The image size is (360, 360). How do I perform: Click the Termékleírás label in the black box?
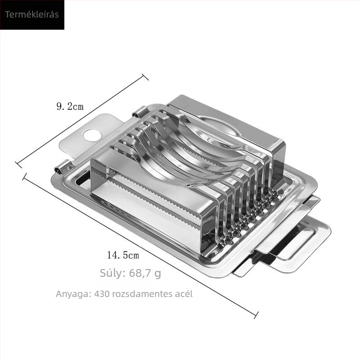[32, 14]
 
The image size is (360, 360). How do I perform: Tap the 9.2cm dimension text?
[70, 106]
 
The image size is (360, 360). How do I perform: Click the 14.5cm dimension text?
[123, 255]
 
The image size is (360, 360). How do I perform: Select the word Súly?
[112, 273]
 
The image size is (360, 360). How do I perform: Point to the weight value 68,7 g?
[145, 273]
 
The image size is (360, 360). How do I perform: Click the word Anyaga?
[73, 294]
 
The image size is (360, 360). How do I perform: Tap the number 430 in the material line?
[102, 294]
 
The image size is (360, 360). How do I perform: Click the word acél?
[184, 294]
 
